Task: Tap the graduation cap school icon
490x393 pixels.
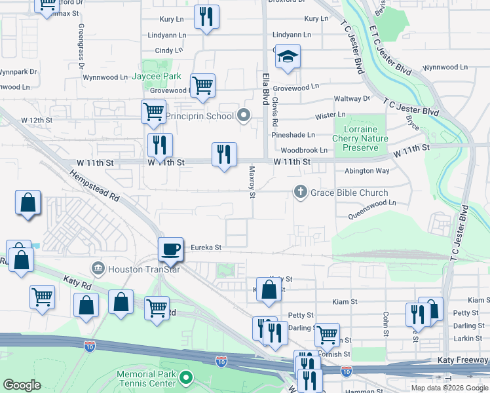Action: (x=288, y=58)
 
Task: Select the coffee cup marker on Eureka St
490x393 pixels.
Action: (x=171, y=249)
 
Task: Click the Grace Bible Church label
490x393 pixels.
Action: (x=349, y=193)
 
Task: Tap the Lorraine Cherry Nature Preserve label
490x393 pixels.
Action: (x=360, y=138)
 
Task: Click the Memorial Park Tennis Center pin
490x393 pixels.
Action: (x=187, y=377)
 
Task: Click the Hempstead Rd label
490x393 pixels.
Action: (x=95, y=187)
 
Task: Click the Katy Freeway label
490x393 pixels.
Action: (x=462, y=361)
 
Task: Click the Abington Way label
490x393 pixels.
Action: (x=367, y=171)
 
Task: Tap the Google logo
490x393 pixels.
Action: (x=22, y=385)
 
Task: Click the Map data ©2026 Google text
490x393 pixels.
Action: (x=449, y=387)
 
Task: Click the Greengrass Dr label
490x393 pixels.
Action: (x=81, y=47)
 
